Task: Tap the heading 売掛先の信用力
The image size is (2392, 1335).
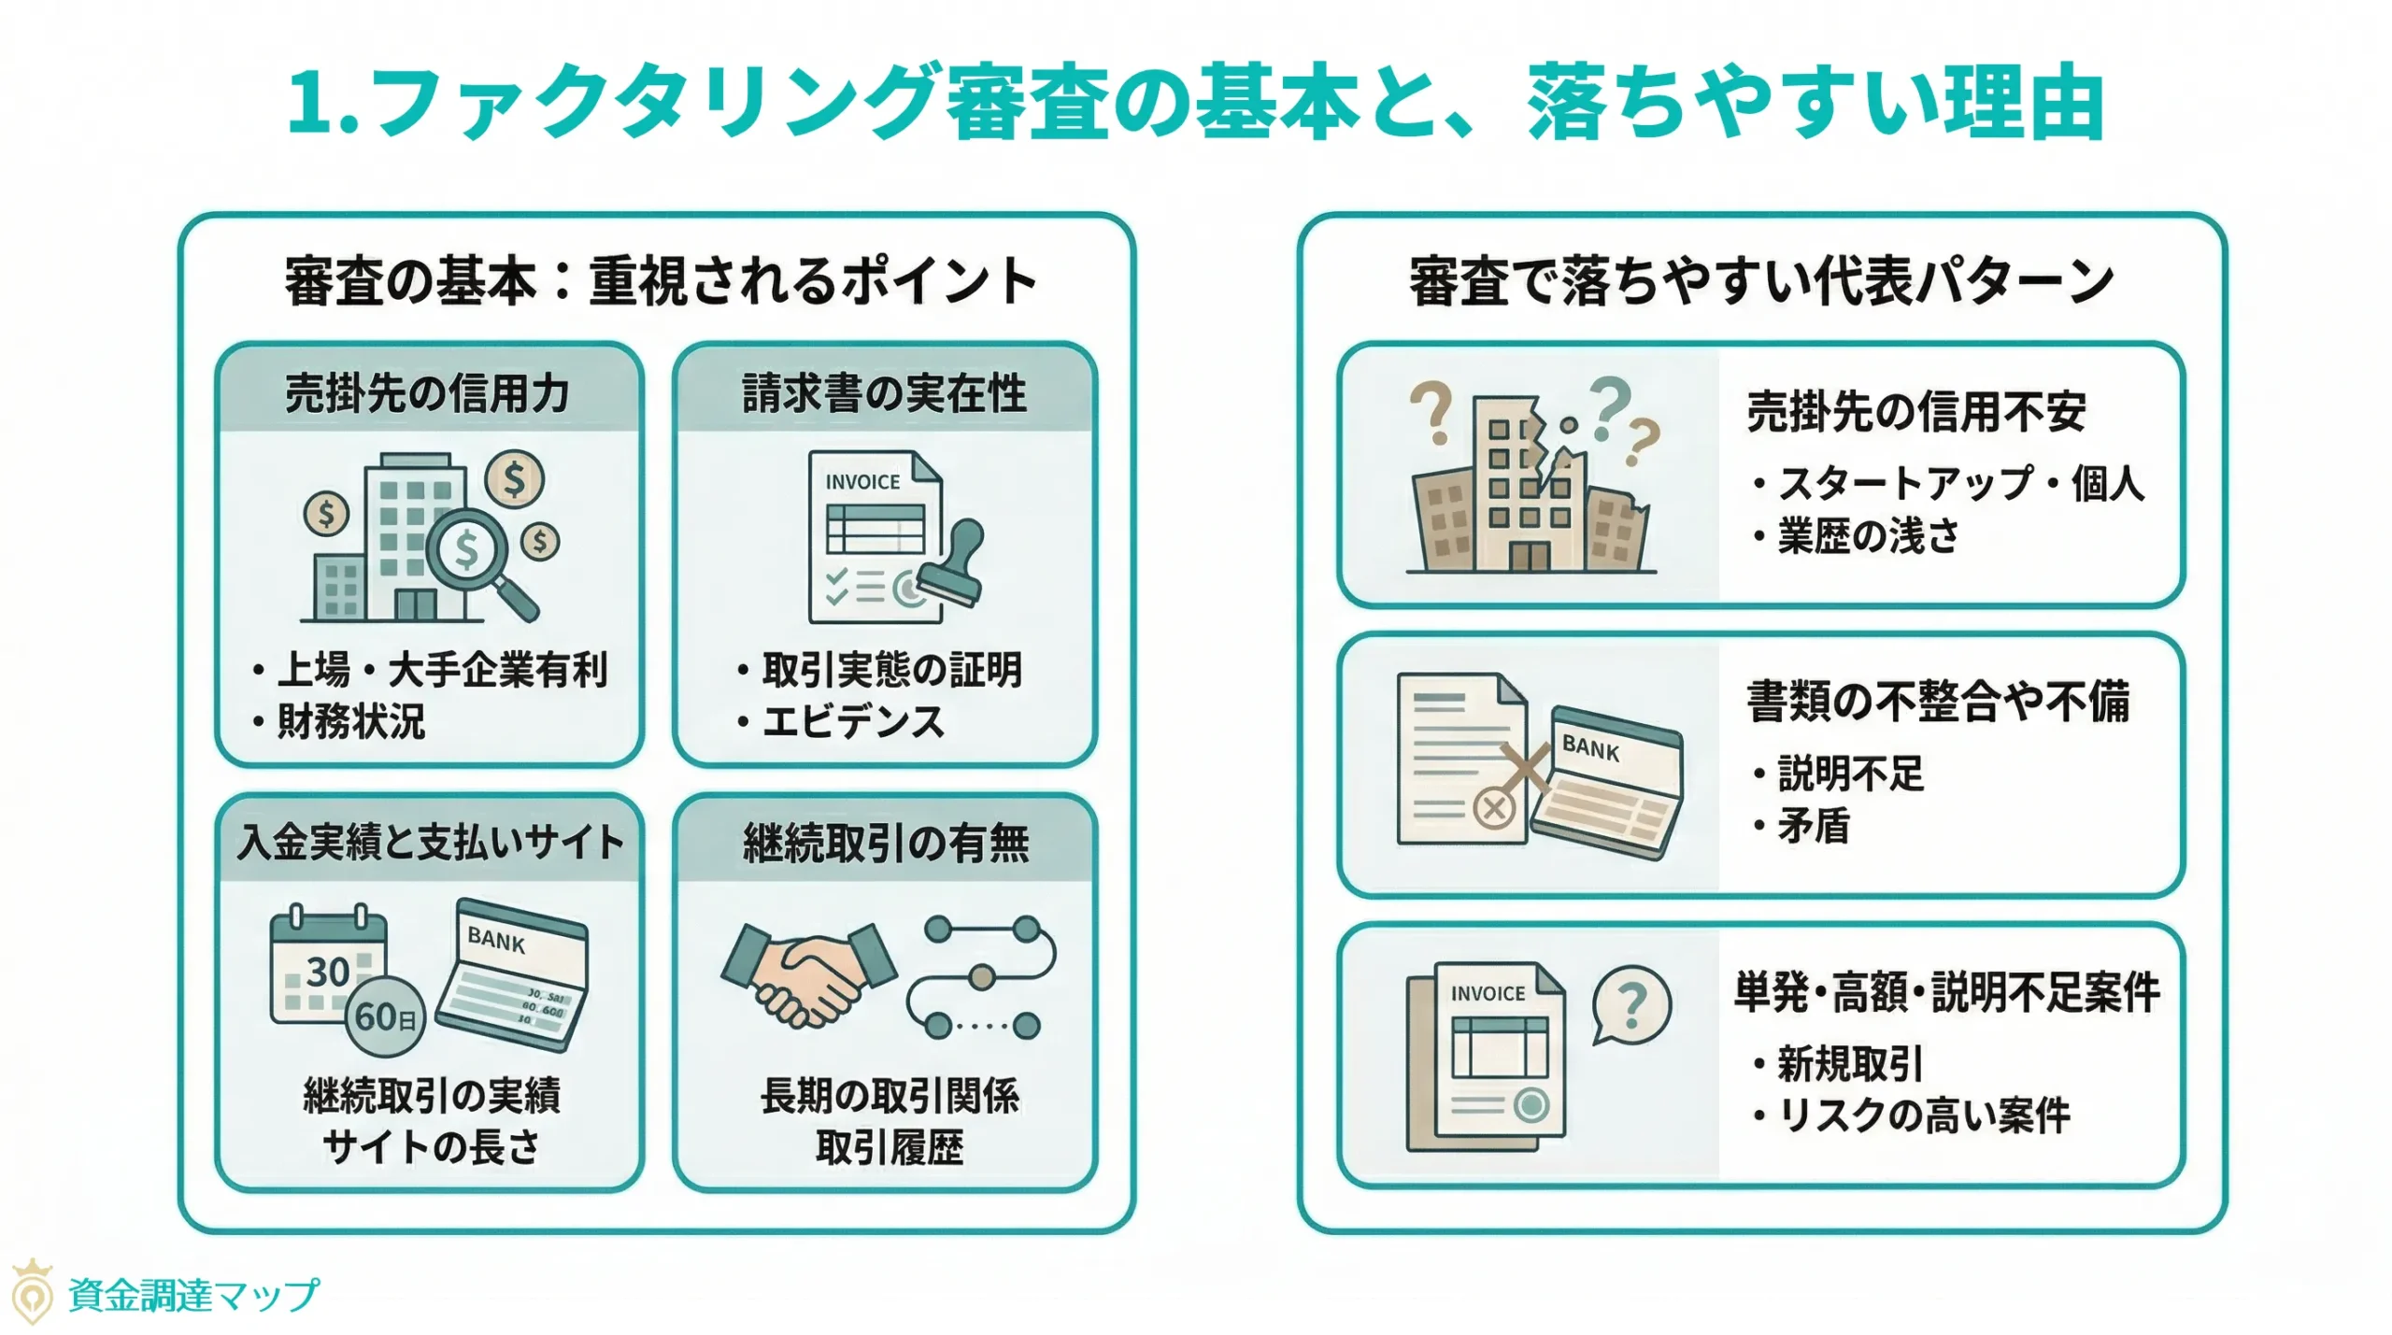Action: click(x=427, y=393)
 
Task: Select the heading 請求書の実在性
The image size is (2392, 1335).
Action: click(x=884, y=393)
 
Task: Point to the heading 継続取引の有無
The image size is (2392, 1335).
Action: click(x=885, y=844)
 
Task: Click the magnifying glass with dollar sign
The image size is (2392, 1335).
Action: click(x=471, y=551)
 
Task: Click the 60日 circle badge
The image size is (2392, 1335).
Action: click(x=385, y=1016)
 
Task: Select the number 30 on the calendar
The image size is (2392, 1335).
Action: click(x=327, y=972)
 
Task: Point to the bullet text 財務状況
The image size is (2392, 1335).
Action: click(x=350, y=721)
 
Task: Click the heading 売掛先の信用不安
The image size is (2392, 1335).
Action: click(x=1915, y=411)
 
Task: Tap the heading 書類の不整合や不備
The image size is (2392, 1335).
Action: click(x=1938, y=702)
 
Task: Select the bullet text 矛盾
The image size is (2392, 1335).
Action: click(x=1813, y=826)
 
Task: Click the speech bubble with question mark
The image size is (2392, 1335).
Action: click(x=1630, y=1005)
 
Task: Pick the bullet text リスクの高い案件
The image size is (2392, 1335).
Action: click(x=1923, y=1115)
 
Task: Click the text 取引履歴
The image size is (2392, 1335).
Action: click(x=889, y=1147)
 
